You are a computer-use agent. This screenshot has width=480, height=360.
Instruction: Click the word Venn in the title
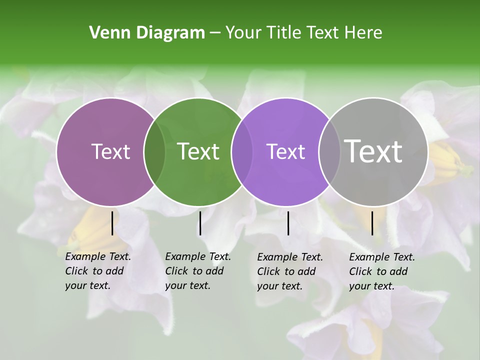click(105, 33)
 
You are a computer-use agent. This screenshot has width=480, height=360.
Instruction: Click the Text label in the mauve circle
click(110, 151)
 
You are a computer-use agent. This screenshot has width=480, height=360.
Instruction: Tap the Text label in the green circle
click(198, 151)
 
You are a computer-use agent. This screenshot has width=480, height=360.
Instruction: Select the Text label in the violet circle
click(285, 151)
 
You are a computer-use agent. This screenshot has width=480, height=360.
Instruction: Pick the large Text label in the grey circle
click(373, 151)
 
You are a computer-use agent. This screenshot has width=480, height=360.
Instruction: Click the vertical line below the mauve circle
click(112, 223)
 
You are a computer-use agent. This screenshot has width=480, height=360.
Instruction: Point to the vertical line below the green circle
click(200, 223)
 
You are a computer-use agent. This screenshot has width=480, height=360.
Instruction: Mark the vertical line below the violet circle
click(288, 223)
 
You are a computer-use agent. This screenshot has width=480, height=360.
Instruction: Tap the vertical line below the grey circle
click(372, 223)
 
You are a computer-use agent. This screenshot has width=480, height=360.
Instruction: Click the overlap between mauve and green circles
click(154, 151)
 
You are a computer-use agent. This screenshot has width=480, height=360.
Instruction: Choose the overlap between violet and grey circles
click(329, 151)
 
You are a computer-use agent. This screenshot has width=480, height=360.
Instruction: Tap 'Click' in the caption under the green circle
click(176, 271)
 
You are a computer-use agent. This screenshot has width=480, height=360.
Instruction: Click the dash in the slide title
click(215, 33)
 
